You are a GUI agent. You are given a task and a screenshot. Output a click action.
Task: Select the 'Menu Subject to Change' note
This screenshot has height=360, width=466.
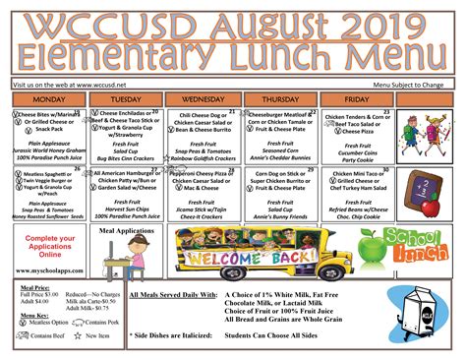410,84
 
